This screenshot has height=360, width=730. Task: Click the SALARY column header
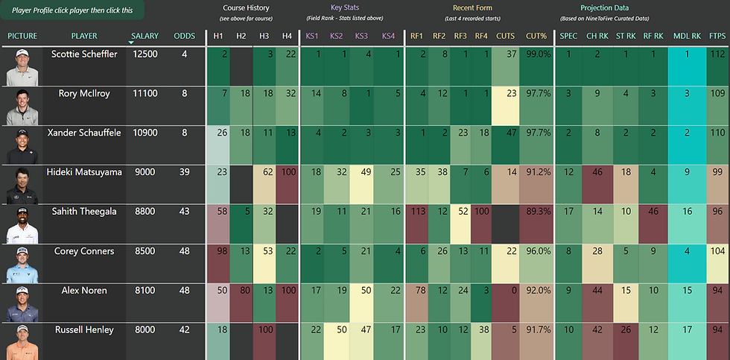144,36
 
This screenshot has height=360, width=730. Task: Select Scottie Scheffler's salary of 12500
145,54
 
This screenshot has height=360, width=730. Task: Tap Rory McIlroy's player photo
22,106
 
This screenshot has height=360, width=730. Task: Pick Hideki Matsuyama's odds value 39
184,172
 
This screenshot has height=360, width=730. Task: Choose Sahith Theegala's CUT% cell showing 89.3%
536,212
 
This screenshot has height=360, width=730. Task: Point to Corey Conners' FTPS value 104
717,252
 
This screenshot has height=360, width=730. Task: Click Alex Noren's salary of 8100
145,291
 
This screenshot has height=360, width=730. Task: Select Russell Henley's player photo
22,341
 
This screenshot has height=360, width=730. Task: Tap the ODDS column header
184,36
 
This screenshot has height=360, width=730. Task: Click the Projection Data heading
606,8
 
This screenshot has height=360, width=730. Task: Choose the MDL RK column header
686,36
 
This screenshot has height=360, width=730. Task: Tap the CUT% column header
536,36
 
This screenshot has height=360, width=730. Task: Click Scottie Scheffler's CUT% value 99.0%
536,54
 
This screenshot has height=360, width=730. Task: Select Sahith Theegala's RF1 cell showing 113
417,212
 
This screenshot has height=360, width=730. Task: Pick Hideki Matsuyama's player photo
22,185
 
